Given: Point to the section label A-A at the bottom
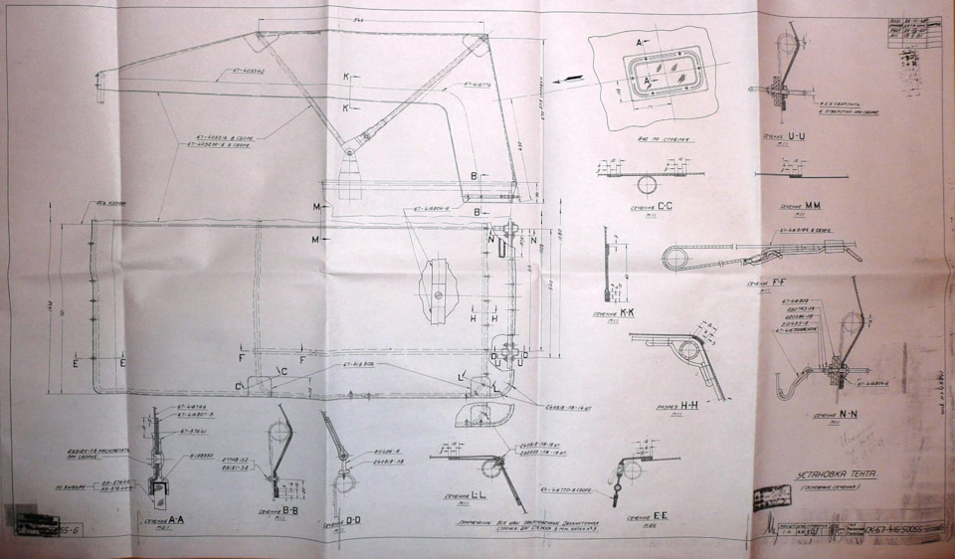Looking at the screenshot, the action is coord(164,521).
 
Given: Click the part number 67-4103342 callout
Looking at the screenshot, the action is coord(262,74).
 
